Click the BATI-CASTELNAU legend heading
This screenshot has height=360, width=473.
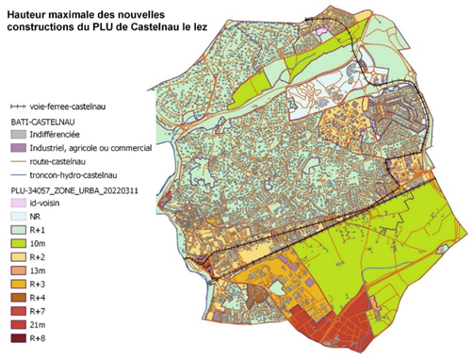pyautogui.click(x=43, y=122)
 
